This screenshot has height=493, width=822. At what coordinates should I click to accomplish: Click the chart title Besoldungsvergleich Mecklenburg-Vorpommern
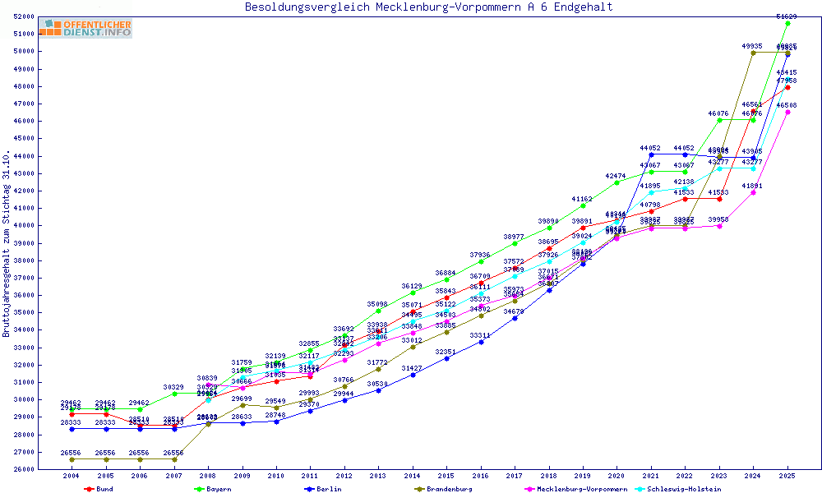[x=428, y=7]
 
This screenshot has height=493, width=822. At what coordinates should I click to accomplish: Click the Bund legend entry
[x=104, y=489]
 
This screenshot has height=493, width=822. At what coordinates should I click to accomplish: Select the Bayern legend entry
[x=218, y=489]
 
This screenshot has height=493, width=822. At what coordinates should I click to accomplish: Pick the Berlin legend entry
[x=327, y=489]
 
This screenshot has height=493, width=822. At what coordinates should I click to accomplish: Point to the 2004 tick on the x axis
[x=72, y=477]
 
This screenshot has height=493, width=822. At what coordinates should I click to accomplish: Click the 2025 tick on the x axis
[x=787, y=477]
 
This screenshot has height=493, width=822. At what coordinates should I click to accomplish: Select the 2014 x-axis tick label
[x=413, y=477]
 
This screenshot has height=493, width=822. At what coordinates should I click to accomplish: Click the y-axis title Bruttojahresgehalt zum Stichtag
[x=7, y=243]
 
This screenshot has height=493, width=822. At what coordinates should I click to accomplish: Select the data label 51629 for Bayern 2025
[x=787, y=16]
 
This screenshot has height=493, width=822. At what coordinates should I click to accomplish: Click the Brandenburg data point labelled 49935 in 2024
[x=753, y=53]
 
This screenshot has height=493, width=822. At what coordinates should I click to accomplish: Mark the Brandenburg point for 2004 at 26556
[x=72, y=459]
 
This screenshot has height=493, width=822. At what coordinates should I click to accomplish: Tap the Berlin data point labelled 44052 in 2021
[x=651, y=154]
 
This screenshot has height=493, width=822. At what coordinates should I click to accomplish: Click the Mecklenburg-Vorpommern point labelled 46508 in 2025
[x=787, y=112]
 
